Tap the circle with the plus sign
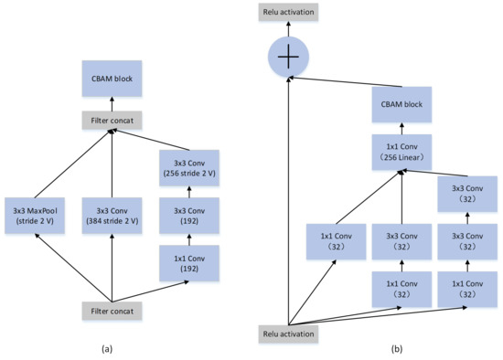[x=289, y=57]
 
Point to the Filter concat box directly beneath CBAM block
[x=112, y=121]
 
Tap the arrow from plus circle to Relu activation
[x=289, y=31]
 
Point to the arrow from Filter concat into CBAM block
[x=112, y=103]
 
